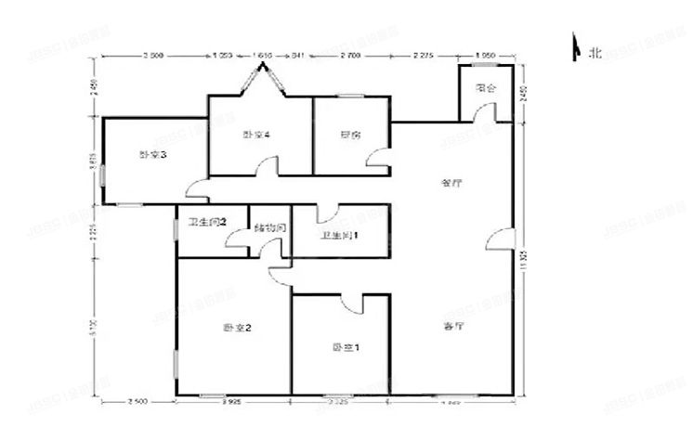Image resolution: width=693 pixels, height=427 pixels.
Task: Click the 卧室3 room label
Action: pyautogui.click(x=152, y=155)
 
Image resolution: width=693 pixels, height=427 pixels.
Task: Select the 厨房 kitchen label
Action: pyautogui.click(x=350, y=136)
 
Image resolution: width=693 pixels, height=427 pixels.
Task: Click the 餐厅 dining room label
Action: pyautogui.click(x=451, y=183)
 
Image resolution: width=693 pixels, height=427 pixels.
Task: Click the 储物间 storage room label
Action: pyautogui.click(x=268, y=227)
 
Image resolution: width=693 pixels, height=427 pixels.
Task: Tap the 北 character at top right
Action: pyautogui.click(x=595, y=53)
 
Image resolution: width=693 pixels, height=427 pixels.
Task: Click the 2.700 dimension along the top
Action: pyautogui.click(x=350, y=57)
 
